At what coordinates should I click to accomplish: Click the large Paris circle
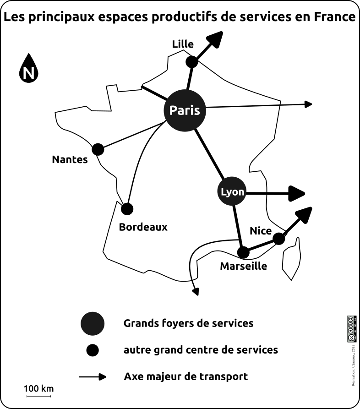[x=185, y=110]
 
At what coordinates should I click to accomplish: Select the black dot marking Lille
[x=192, y=61]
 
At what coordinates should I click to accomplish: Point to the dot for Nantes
[x=98, y=149]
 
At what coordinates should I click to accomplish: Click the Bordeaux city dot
[x=127, y=209]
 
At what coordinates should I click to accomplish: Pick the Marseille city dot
[x=243, y=252]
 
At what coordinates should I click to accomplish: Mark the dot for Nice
[x=278, y=239]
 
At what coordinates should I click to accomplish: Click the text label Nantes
[x=70, y=160]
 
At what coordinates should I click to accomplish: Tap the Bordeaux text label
[x=143, y=227]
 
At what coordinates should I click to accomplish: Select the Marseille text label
[x=244, y=266]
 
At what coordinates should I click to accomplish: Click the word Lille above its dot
[x=183, y=44]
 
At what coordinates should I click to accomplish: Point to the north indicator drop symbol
[x=29, y=69]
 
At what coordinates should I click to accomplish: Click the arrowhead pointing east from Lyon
[x=297, y=193]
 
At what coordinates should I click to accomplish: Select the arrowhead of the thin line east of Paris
[x=308, y=104]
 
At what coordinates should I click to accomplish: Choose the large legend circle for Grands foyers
[x=93, y=324]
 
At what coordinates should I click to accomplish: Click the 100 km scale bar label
[x=39, y=389]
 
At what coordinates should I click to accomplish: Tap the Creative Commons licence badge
[x=352, y=329]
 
